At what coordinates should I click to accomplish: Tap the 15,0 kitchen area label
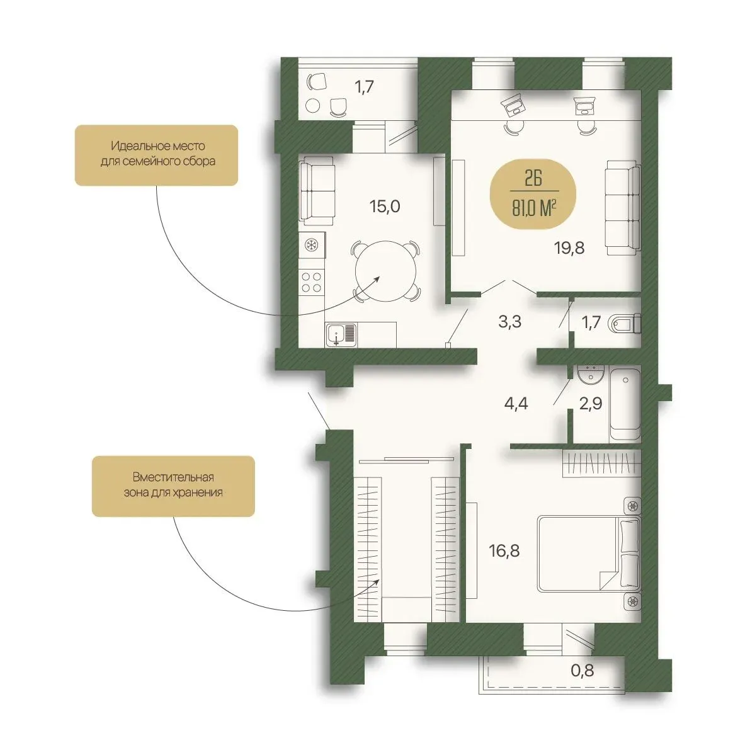click(385, 207)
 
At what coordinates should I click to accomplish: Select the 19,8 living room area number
click(569, 248)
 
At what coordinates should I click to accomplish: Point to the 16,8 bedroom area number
click(504, 551)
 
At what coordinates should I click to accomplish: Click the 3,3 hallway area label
click(509, 322)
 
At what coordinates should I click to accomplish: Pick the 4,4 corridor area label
click(516, 404)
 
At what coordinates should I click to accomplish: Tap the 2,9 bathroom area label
click(591, 404)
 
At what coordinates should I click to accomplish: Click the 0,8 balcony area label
click(582, 671)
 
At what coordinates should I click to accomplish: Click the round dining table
click(385, 271)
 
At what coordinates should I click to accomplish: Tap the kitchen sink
click(341, 334)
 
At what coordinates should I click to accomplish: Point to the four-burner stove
click(311, 281)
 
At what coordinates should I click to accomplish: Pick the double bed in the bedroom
click(589, 554)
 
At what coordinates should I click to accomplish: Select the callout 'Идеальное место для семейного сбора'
click(156, 155)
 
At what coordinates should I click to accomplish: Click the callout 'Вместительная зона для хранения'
click(173, 486)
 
